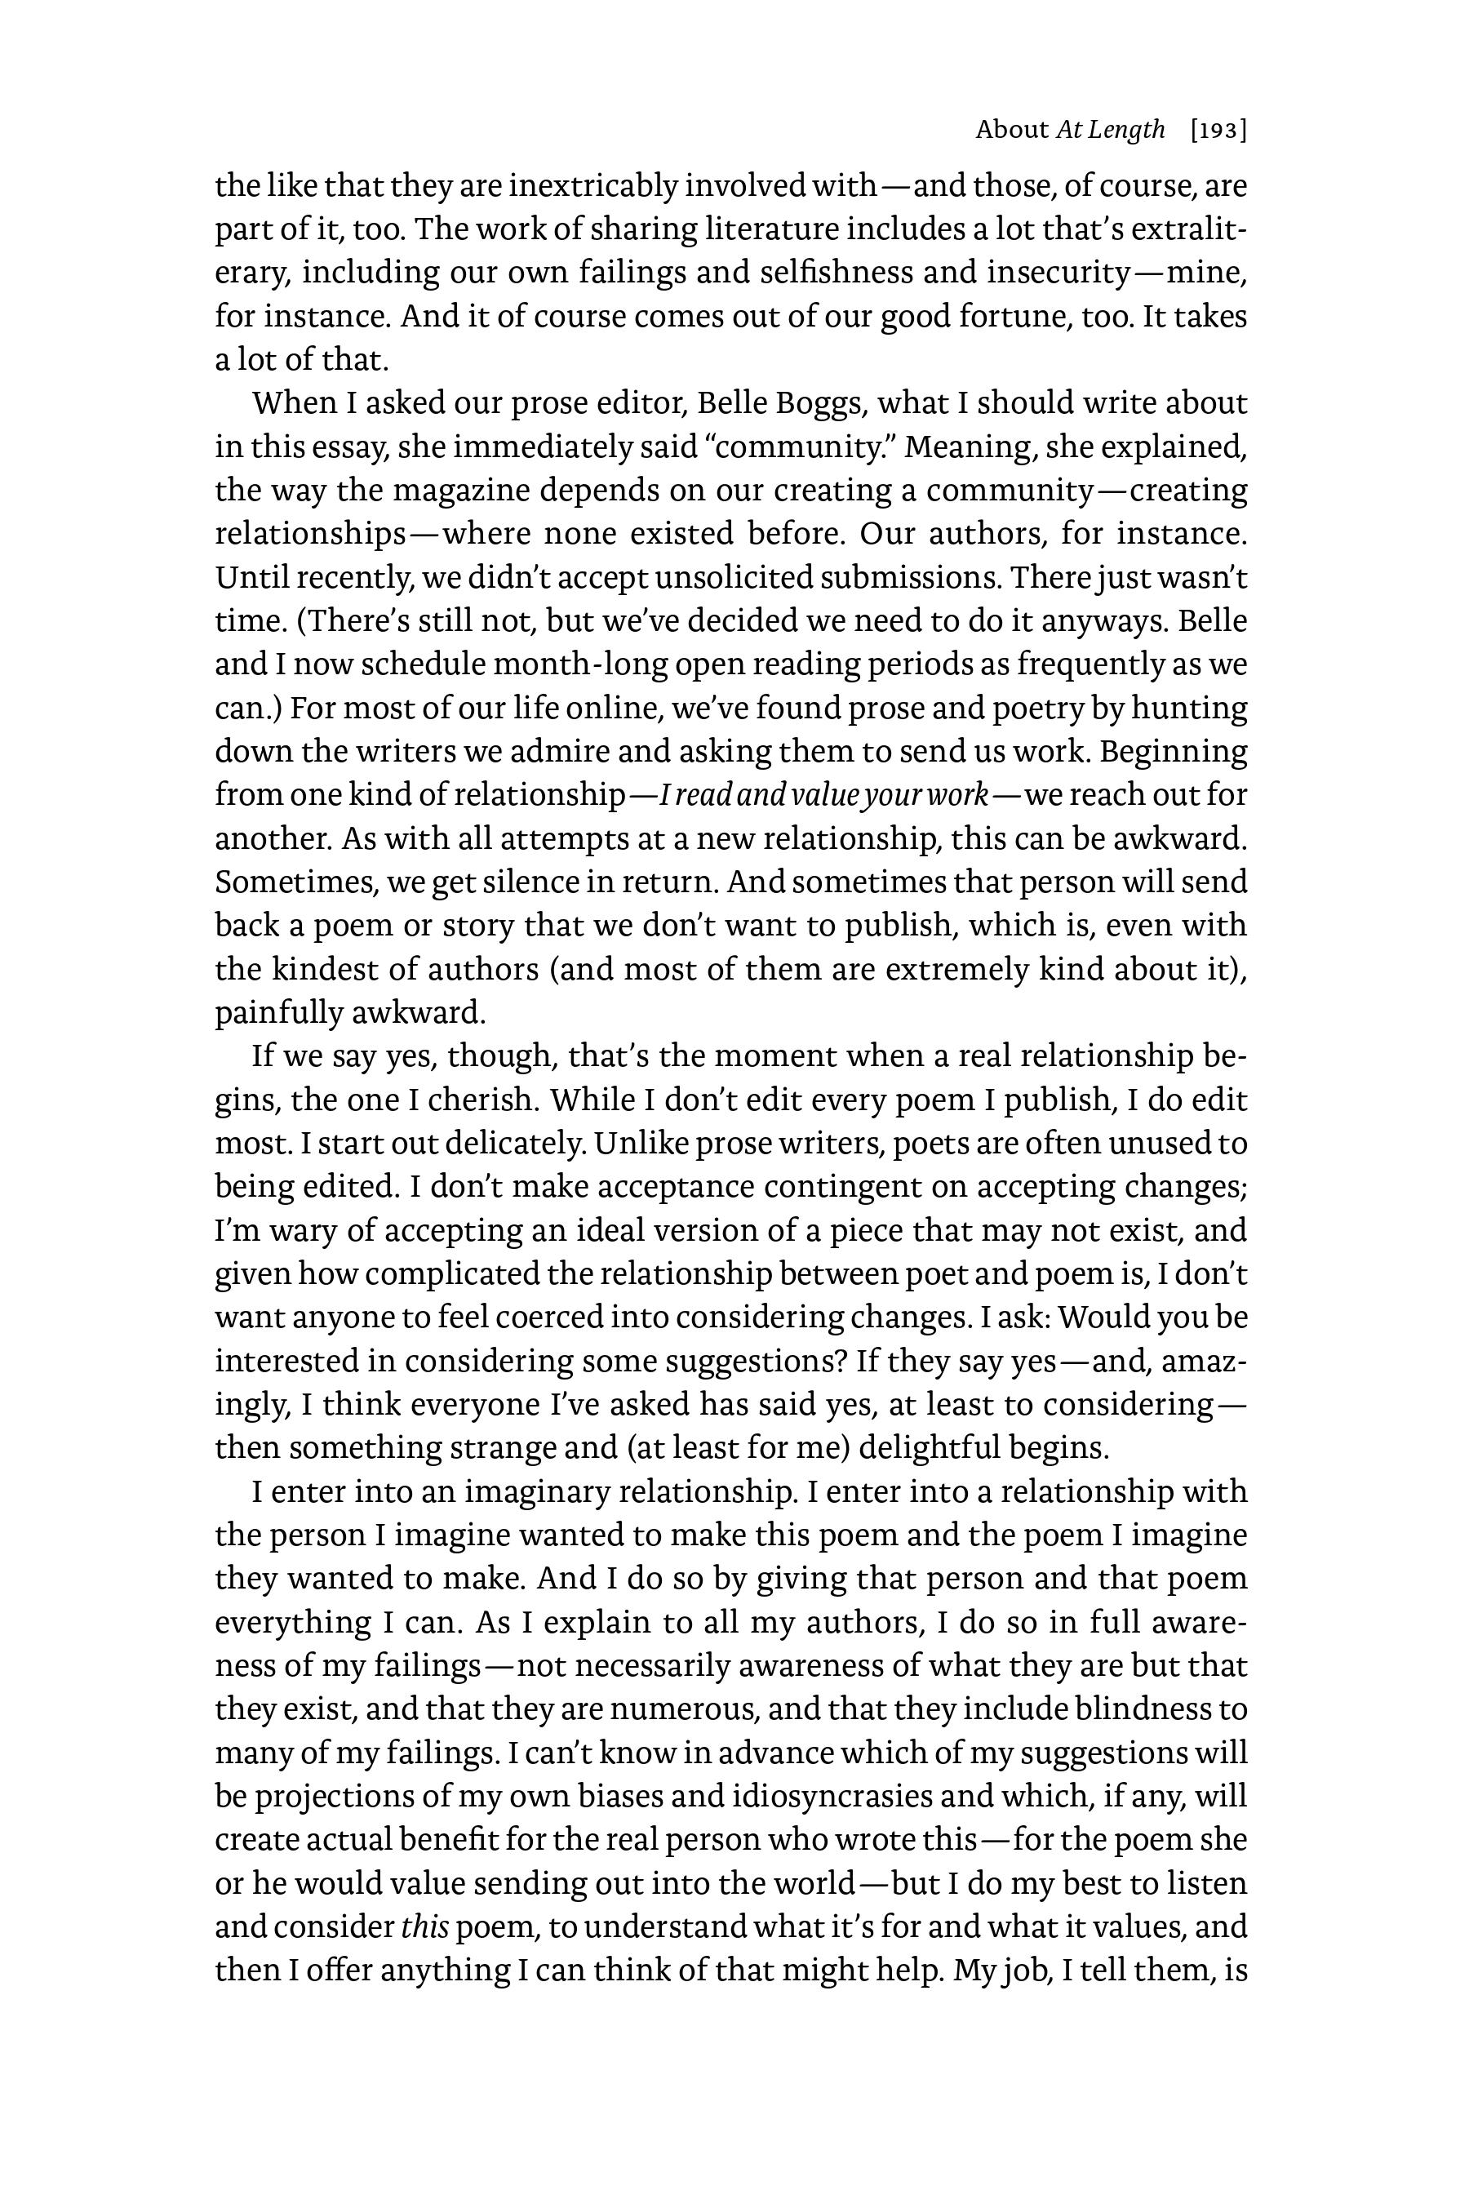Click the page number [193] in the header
[x=1218, y=131]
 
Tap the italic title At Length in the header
[x=1110, y=131]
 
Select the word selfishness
[x=837, y=273]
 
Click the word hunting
[x=1189, y=708]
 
